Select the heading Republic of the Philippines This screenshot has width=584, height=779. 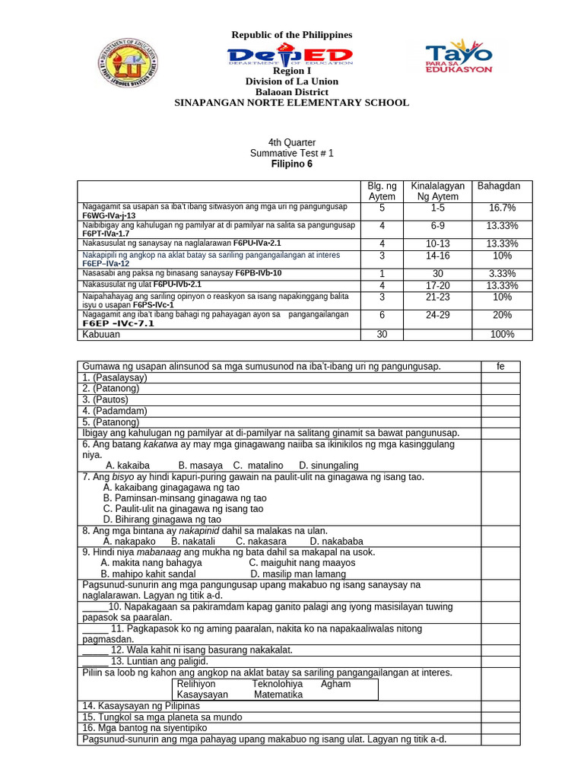pos(292,35)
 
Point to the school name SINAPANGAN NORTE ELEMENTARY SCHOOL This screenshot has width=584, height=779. pos(292,103)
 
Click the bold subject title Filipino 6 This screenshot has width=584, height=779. pos(292,164)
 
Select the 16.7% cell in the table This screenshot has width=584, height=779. pos(502,208)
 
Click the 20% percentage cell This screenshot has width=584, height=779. pos(502,314)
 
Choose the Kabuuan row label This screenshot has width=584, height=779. pos(101,334)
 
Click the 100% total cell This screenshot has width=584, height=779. pos(502,334)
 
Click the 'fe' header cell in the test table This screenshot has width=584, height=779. pos(500,367)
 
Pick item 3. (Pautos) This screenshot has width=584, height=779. pos(106,399)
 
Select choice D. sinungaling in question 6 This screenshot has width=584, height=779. pos(328,465)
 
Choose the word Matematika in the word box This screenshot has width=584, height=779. pos(278,695)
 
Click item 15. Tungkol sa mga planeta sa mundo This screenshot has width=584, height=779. pos(162,717)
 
